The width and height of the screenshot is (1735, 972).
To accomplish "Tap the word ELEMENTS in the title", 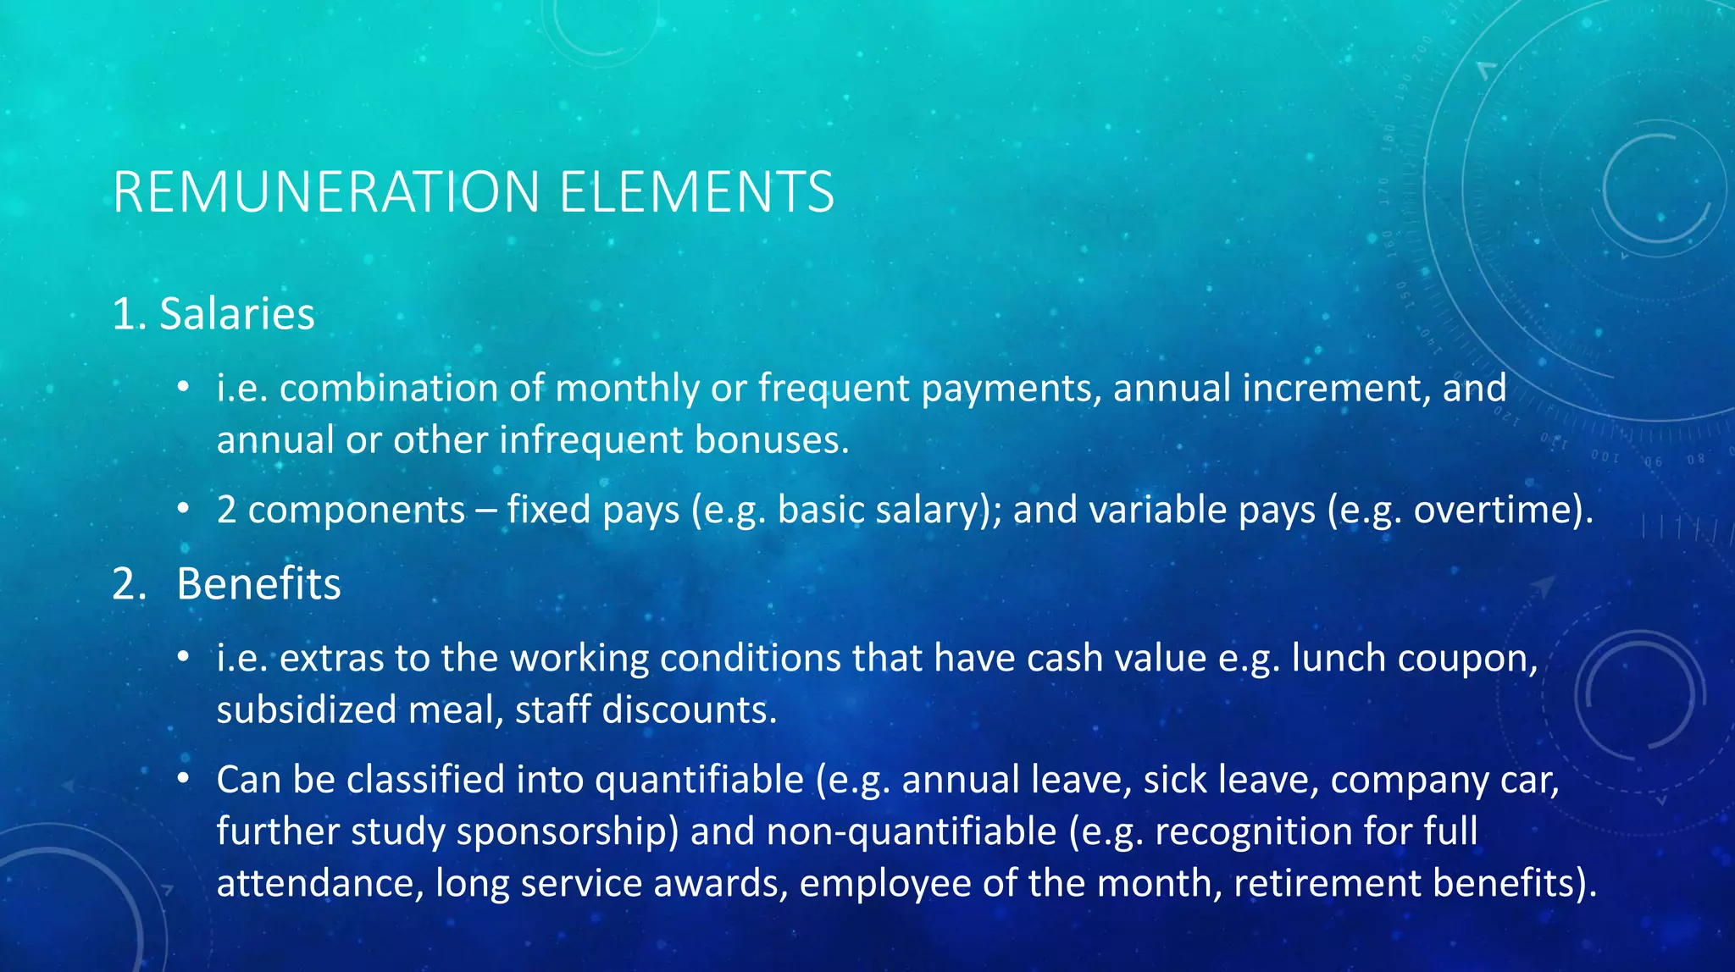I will coord(696,192).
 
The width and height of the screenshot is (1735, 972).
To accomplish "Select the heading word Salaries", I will coord(237,314).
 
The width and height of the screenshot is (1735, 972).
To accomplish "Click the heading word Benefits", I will coord(258,584).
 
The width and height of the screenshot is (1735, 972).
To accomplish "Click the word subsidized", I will coord(306,710).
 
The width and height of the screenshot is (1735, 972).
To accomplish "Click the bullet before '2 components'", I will coord(183,510).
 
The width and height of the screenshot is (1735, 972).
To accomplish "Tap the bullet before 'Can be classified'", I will coord(183,780).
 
